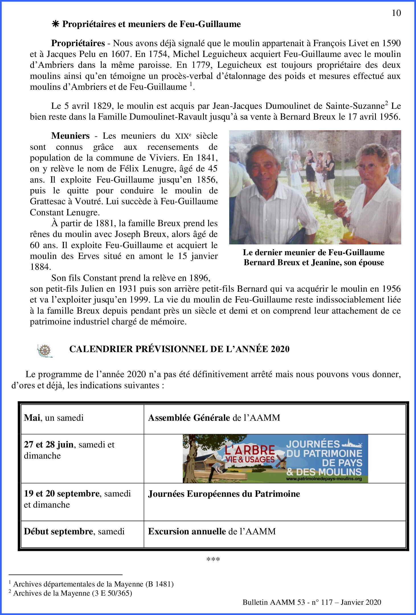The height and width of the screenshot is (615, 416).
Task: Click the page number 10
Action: tap(396, 13)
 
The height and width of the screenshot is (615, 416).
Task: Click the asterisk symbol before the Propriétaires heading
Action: tap(55, 24)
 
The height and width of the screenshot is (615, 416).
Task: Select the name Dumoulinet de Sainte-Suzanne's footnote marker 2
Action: tap(386, 103)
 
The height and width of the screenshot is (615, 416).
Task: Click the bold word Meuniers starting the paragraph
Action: tap(70, 136)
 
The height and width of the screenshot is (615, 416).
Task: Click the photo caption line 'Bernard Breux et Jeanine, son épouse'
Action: tap(313, 262)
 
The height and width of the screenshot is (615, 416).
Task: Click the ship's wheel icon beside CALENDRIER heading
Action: tap(45, 350)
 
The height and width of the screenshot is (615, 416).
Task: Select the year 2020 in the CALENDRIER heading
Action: tap(280, 349)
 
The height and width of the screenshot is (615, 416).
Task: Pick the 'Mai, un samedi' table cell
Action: tap(54, 418)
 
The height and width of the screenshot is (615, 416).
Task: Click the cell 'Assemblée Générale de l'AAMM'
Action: tap(214, 418)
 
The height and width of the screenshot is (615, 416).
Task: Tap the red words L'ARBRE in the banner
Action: tap(250, 450)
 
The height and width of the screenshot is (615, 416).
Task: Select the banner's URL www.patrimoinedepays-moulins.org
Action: tap(324, 479)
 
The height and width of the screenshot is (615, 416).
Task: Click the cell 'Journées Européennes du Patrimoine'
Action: tap(224, 494)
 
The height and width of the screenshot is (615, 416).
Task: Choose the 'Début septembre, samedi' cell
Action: tap(74, 531)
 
